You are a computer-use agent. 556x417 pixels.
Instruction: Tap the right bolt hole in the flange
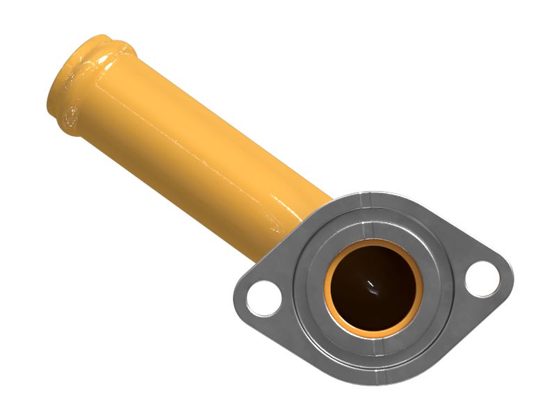[x=482, y=277]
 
